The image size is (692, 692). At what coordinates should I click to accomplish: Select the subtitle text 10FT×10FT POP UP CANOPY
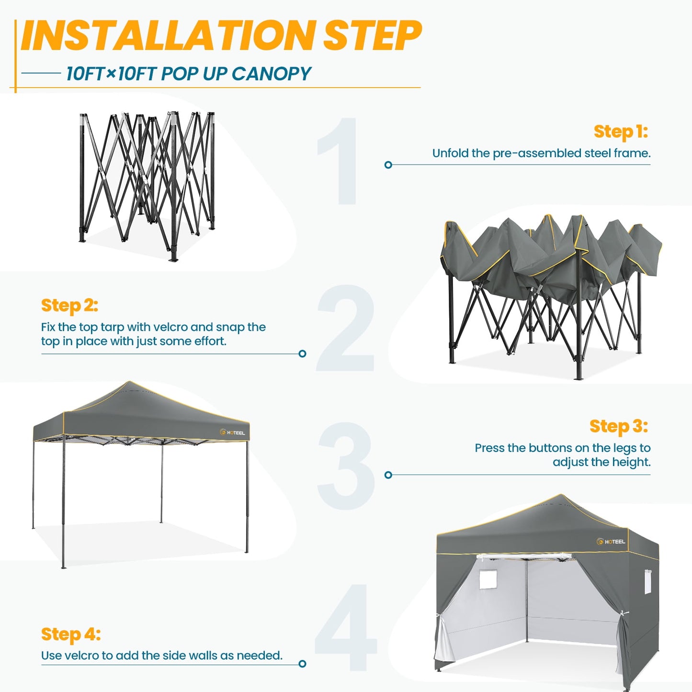(x=189, y=74)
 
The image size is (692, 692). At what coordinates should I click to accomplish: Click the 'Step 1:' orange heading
(x=621, y=131)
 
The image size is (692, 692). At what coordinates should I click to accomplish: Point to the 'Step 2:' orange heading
(x=69, y=306)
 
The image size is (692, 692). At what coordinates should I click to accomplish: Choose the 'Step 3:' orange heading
(x=618, y=426)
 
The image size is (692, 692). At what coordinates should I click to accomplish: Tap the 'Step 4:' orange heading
(x=71, y=634)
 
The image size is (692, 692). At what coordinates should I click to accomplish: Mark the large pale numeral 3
(x=346, y=466)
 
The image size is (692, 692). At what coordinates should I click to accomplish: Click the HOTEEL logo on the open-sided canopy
(x=233, y=432)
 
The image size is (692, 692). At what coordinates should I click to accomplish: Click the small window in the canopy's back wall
(x=488, y=579)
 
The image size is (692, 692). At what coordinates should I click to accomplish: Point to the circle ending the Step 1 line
(x=388, y=165)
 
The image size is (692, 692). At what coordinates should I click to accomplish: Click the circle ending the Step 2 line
(x=302, y=353)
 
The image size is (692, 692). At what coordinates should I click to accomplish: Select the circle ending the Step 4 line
(x=302, y=663)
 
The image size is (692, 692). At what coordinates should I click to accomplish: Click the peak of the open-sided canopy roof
(x=129, y=383)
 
